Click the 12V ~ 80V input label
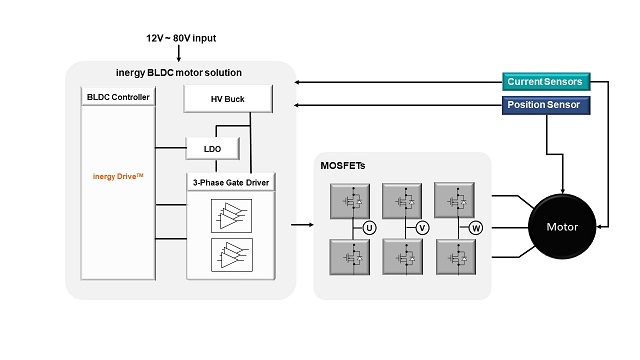(x=180, y=38)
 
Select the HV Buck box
(x=228, y=99)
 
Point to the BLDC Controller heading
(x=119, y=97)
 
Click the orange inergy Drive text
(x=118, y=177)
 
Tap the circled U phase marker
(x=369, y=228)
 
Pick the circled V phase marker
(x=422, y=228)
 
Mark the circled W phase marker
(x=476, y=228)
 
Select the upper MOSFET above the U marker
(x=351, y=200)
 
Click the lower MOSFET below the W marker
(x=457, y=258)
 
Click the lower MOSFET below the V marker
(x=404, y=258)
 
